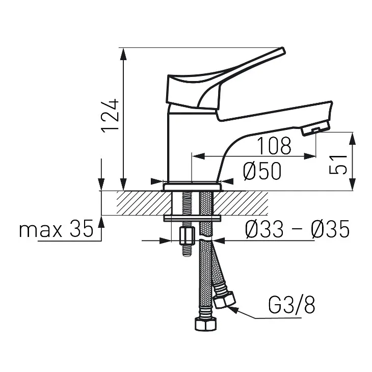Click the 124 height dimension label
[x=110, y=116]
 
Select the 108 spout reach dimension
[x=274, y=145]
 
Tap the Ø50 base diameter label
[x=262, y=171]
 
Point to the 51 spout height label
[x=338, y=165]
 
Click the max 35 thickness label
[x=56, y=228]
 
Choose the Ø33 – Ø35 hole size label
[x=297, y=228]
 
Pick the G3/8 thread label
[x=291, y=305]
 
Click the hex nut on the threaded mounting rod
[x=188, y=236]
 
